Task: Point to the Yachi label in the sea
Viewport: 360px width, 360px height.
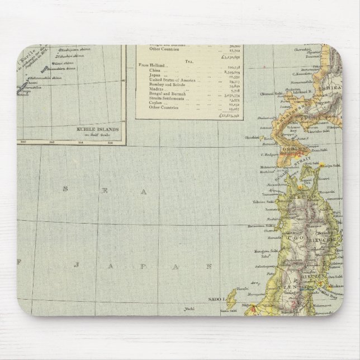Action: pos(191,309)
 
